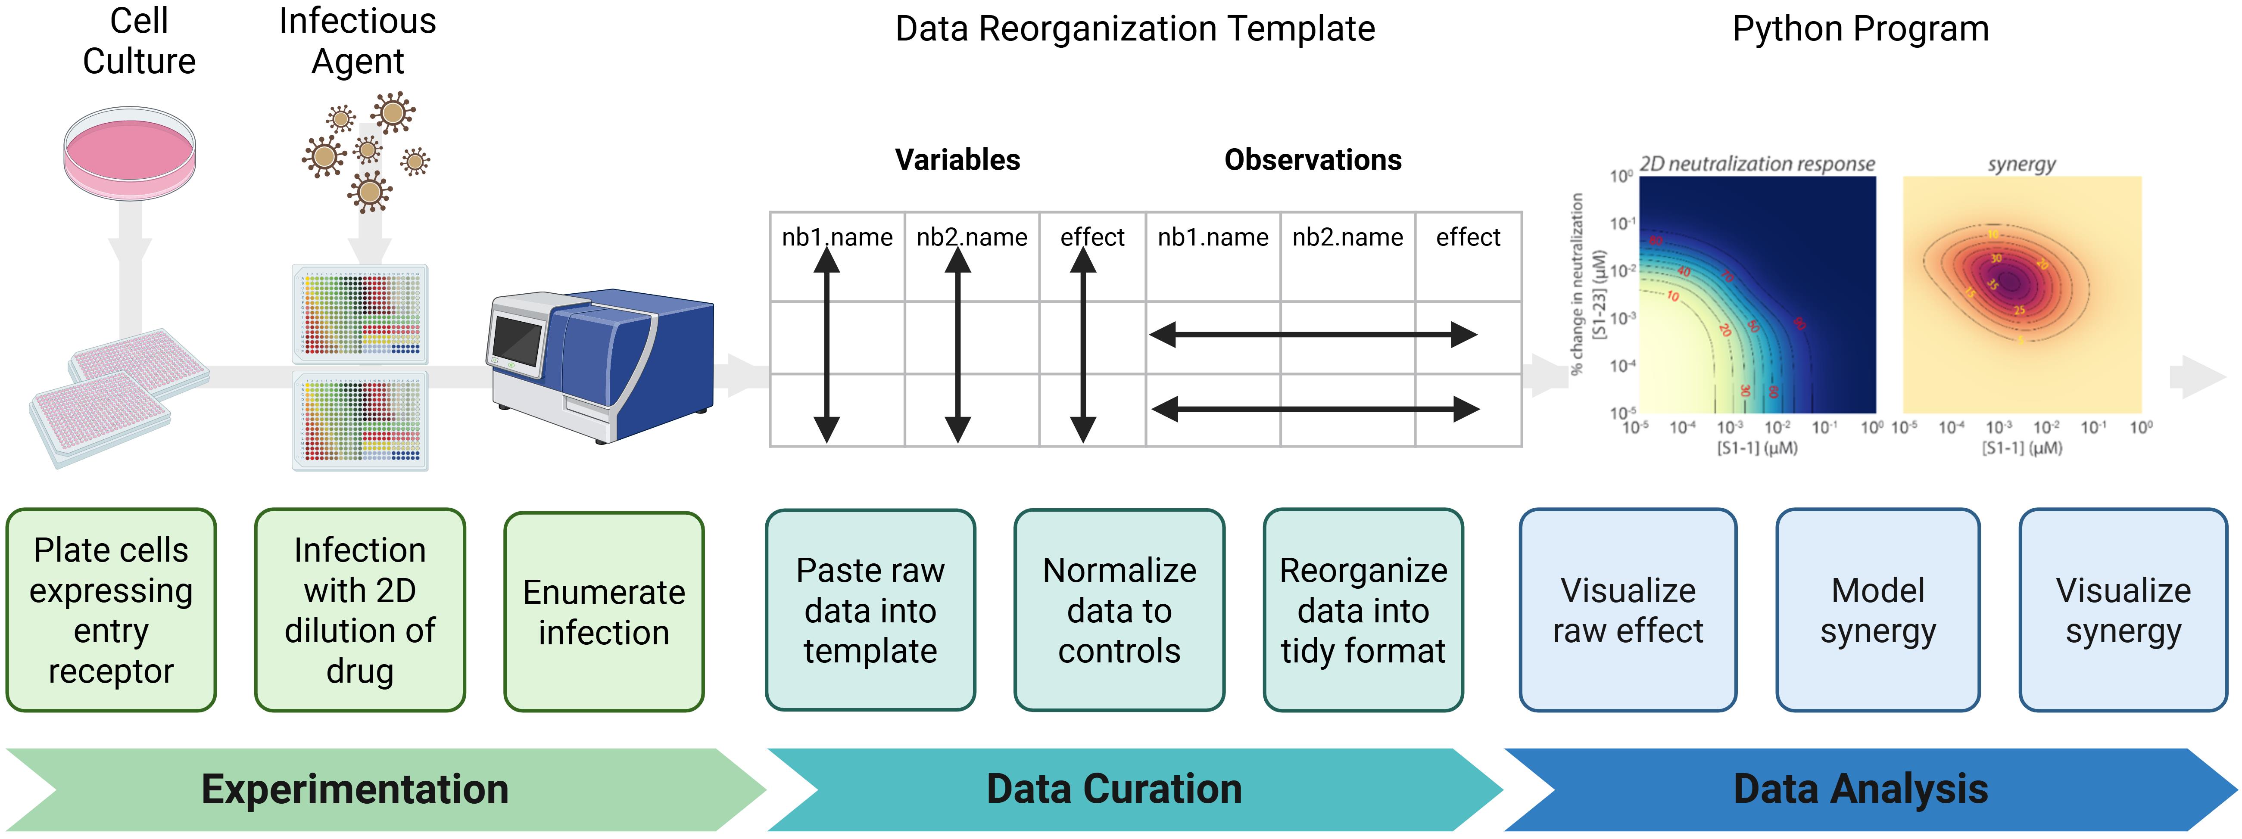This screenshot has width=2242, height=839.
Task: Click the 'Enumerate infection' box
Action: (604, 612)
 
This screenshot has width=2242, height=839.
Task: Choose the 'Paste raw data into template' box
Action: (870, 610)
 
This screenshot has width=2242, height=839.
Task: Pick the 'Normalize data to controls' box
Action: (1119, 610)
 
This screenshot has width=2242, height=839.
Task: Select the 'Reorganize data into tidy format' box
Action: (1363, 610)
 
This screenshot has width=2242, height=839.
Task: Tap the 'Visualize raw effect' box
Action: (1628, 610)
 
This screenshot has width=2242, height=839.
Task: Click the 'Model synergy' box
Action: (1878, 610)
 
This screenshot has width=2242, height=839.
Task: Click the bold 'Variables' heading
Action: (957, 160)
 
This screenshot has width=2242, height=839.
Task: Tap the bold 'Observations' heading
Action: (1313, 160)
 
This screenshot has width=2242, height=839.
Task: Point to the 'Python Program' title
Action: (1861, 29)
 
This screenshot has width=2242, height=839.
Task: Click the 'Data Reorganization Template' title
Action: (1135, 29)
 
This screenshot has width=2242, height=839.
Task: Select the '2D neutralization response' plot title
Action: (1756, 164)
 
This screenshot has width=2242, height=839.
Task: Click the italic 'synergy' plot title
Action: (2021, 164)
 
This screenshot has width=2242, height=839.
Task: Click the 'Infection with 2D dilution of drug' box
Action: (359, 610)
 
